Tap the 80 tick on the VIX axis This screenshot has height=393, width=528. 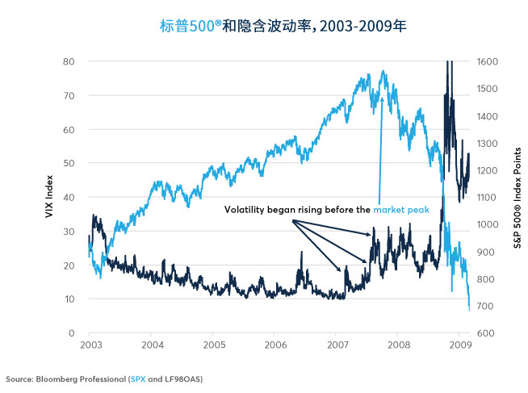tap(70, 61)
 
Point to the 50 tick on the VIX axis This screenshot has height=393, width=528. tap(70, 163)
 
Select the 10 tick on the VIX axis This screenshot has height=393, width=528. tap(70, 299)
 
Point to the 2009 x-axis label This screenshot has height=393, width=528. tap(459, 344)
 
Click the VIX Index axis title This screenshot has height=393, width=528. tap(48, 197)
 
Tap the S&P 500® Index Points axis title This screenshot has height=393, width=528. tap(518, 197)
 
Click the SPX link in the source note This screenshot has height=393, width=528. tap(139, 378)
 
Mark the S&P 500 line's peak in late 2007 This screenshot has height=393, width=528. tap(381, 72)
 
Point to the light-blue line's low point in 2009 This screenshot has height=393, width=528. tap(469, 309)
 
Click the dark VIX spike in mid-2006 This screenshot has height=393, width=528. tap(300, 253)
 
